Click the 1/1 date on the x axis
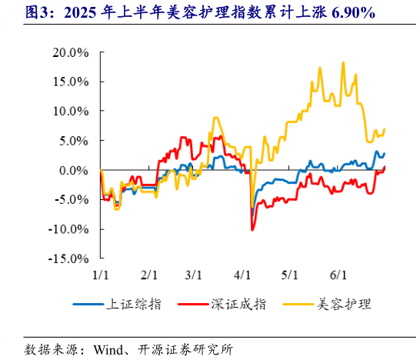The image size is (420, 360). (x=101, y=275)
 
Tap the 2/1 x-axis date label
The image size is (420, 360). (x=148, y=275)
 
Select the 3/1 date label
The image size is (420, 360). (x=193, y=275)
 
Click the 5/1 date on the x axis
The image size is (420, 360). (x=290, y=275)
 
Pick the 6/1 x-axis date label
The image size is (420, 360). (x=338, y=275)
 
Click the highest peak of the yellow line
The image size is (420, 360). (x=342, y=63)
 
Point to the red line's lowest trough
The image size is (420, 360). (x=252, y=229)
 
